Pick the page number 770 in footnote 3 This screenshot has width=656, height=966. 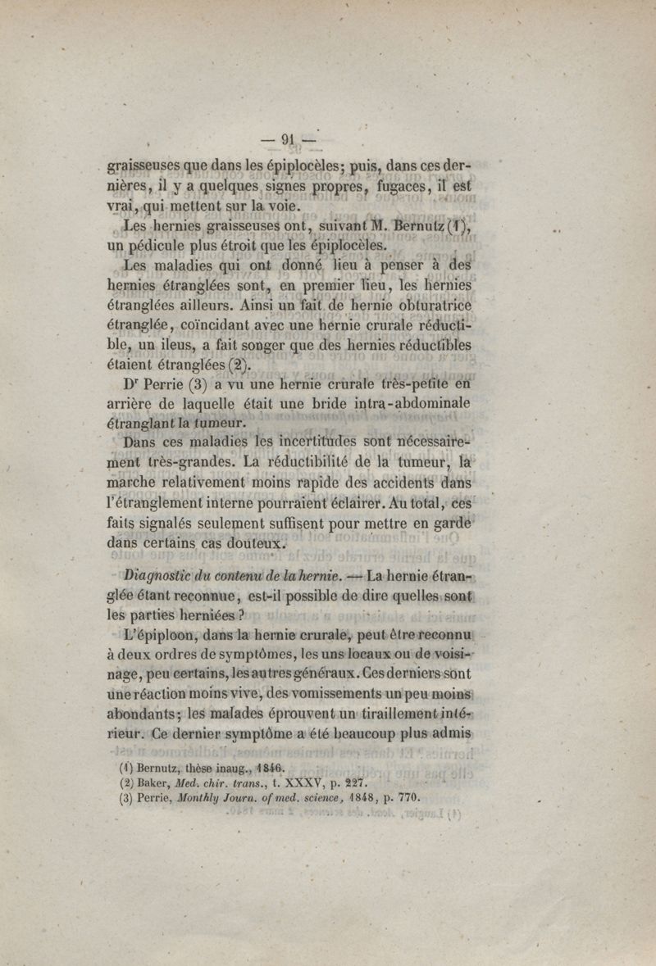tap(407, 796)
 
